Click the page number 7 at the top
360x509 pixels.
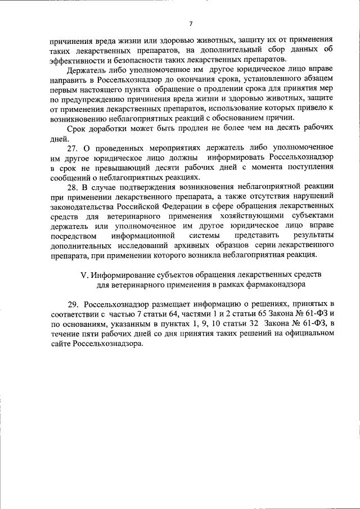click(191, 24)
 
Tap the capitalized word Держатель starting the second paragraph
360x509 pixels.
click(87, 73)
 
